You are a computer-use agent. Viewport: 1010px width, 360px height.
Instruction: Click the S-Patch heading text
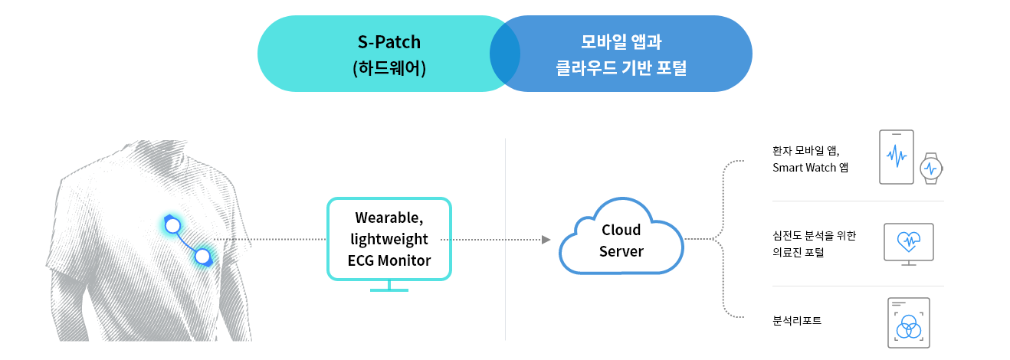[x=389, y=42]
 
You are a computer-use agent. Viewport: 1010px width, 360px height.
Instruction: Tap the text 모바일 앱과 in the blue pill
[x=621, y=42]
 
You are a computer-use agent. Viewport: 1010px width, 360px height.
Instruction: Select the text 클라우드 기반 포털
[x=621, y=67]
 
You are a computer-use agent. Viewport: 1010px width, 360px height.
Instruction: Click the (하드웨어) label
[x=389, y=68]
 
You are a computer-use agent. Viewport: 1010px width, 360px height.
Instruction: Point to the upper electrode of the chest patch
[x=172, y=225]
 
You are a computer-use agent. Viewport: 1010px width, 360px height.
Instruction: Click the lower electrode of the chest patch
[x=203, y=257]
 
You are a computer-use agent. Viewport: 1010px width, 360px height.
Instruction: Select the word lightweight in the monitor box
[x=389, y=239]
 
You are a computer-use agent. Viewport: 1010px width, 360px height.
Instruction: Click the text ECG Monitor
[x=389, y=260]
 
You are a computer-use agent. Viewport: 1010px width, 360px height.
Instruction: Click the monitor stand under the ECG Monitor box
[x=389, y=287]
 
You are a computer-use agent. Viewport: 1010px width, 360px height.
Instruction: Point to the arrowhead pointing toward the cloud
[x=546, y=239]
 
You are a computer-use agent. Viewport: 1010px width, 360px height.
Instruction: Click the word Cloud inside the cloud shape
[x=621, y=230]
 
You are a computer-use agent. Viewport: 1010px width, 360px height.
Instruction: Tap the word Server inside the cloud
[x=621, y=251]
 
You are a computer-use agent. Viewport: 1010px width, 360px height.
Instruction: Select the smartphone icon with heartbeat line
[x=897, y=157]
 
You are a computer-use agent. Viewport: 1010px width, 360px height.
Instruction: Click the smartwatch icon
[x=932, y=169]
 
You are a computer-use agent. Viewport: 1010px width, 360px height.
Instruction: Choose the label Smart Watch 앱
[x=810, y=168]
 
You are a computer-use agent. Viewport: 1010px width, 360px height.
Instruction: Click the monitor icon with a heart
[x=909, y=244]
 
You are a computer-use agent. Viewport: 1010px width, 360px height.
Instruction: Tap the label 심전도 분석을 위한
[x=815, y=235]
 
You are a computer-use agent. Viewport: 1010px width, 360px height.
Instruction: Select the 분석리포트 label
[x=797, y=321]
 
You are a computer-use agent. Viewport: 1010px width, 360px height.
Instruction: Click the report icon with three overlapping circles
[x=909, y=322]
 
